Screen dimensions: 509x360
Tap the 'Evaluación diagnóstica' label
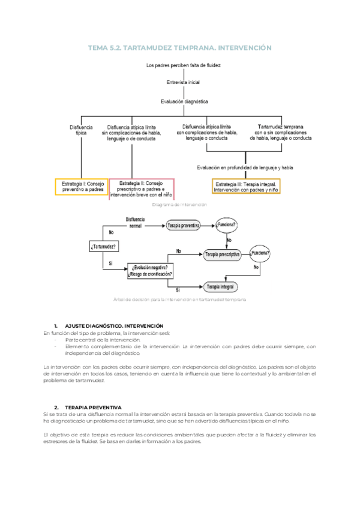tap(184, 102)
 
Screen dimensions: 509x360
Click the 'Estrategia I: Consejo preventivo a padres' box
tap(82, 186)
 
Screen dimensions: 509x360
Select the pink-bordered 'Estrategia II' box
tap(142, 188)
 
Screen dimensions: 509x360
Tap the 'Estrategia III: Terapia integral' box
tap(247, 186)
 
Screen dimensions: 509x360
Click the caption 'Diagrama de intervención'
tap(179, 205)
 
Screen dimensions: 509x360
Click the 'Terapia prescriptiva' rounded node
tap(223, 254)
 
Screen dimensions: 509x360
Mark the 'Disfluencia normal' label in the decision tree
tap(137, 223)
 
